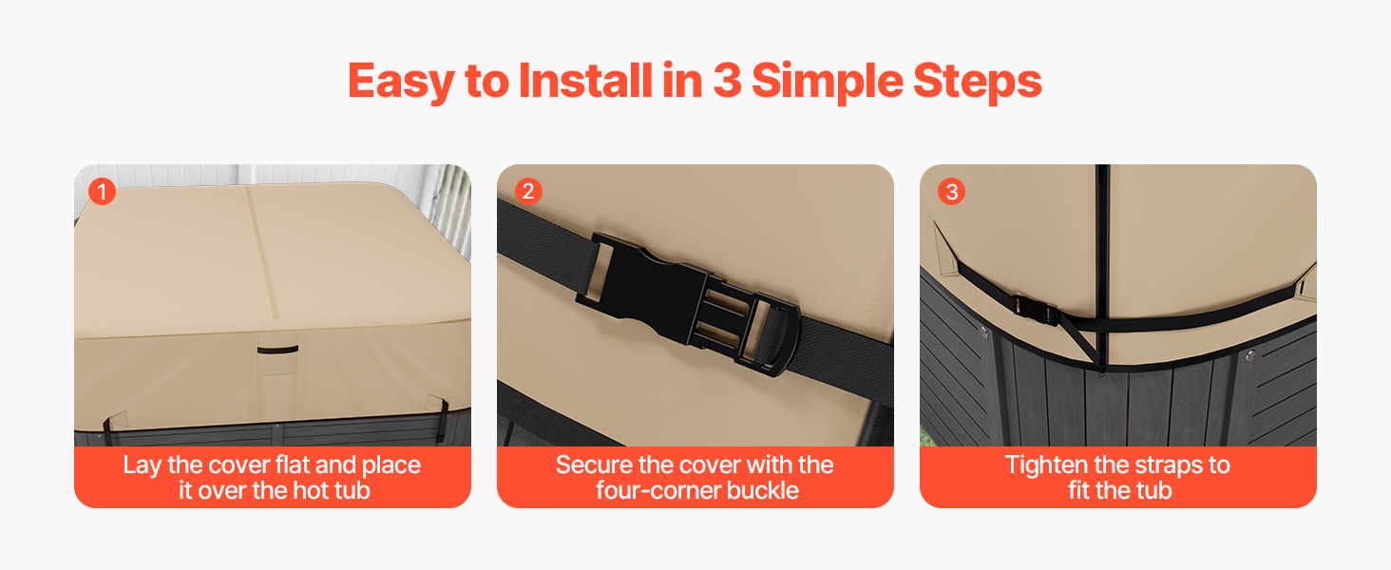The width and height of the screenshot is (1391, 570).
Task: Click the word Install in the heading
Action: [585, 81]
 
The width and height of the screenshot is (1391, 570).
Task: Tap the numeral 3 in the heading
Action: [727, 81]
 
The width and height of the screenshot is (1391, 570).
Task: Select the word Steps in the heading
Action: [978, 82]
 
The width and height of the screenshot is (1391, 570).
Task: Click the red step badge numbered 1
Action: [102, 191]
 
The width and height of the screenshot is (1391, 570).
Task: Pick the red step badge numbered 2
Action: [528, 191]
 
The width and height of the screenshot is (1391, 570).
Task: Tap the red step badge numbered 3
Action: [951, 191]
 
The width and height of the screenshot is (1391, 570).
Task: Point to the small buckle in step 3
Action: [1036, 309]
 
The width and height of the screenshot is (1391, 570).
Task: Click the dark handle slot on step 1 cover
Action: [277, 350]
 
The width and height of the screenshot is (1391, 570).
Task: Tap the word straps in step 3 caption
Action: [1150, 466]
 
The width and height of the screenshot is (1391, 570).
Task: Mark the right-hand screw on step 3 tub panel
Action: [1250, 355]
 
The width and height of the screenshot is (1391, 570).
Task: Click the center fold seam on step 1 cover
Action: [262, 252]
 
